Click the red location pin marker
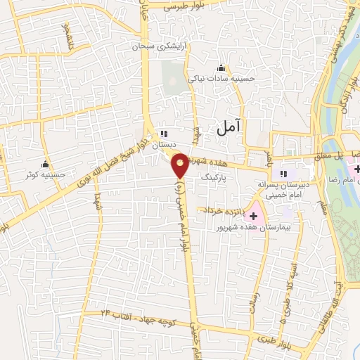click(x=181, y=165)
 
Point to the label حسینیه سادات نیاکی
click(x=220, y=79)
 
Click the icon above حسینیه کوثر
click(x=46, y=163)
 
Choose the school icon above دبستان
click(x=164, y=133)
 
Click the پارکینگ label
click(x=215, y=179)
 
